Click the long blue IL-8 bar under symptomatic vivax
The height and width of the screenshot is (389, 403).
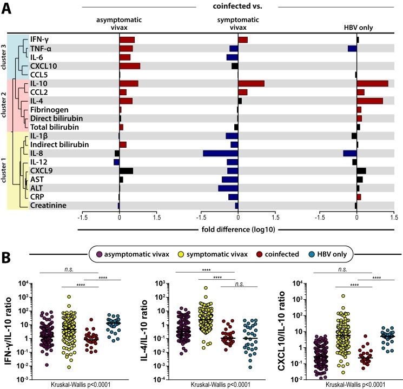pyautogui.click(x=220, y=153)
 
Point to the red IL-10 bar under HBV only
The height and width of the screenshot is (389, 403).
pyautogui.click(x=372, y=83)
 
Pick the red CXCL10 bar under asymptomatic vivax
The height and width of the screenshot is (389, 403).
pyautogui.click(x=130, y=66)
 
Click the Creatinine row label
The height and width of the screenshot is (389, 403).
pyautogui.click(x=48, y=205)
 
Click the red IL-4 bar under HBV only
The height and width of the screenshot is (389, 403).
pyautogui.click(x=369, y=101)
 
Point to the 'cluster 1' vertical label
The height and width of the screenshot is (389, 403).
pyautogui.click(x=4, y=170)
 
